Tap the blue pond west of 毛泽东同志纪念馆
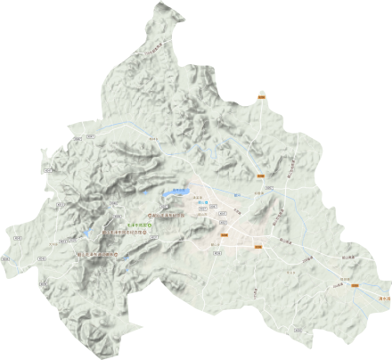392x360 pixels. click(87, 234)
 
